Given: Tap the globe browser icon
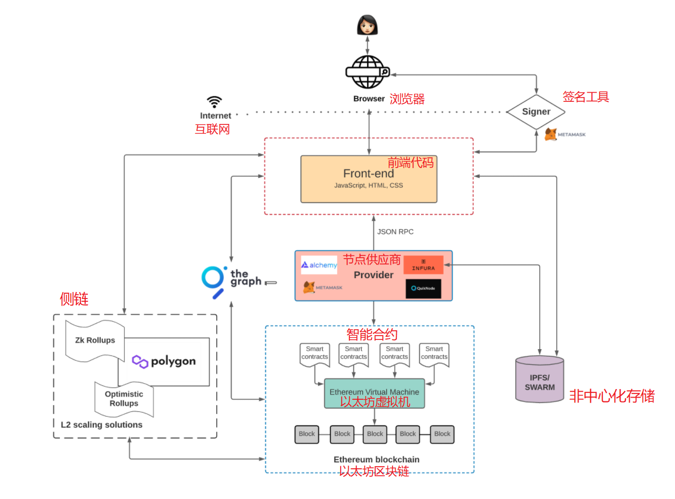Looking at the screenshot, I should pos(368,72).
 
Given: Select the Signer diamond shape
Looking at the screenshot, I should pos(536,112).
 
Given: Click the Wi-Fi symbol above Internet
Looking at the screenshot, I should pos(215,102).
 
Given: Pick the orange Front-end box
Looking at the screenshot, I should pos(369,179).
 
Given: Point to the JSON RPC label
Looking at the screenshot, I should pos(395,232).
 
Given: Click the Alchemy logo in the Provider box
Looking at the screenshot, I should pos(319,265).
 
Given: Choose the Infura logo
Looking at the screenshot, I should pos(423,265).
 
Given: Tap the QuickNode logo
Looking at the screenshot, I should pos(423,288).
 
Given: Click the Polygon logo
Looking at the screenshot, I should pos(164,362).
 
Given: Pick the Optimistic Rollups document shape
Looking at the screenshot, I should pos(124,399).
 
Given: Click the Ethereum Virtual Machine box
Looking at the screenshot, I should pos(374,393).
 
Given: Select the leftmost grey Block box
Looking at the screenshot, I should pos(307,434).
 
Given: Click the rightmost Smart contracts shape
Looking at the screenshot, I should pos(434,354).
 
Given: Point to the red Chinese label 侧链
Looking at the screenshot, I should pos(74,299).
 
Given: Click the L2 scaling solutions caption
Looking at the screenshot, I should pos(101,425).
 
